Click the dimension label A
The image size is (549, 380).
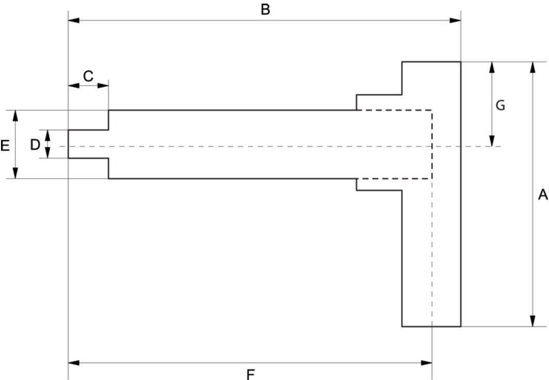[542, 195]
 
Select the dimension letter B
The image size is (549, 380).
[265, 10]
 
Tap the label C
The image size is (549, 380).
[88, 76]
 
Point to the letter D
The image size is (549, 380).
[35, 145]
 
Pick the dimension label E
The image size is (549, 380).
[5, 146]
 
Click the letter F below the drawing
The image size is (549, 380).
[251, 373]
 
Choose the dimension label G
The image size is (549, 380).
[500, 106]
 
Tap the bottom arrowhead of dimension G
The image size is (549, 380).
[492, 140]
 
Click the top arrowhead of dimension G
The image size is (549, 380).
[492, 68]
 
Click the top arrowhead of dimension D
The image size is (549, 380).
[47, 134]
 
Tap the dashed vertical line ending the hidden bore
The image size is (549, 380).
[432, 145]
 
